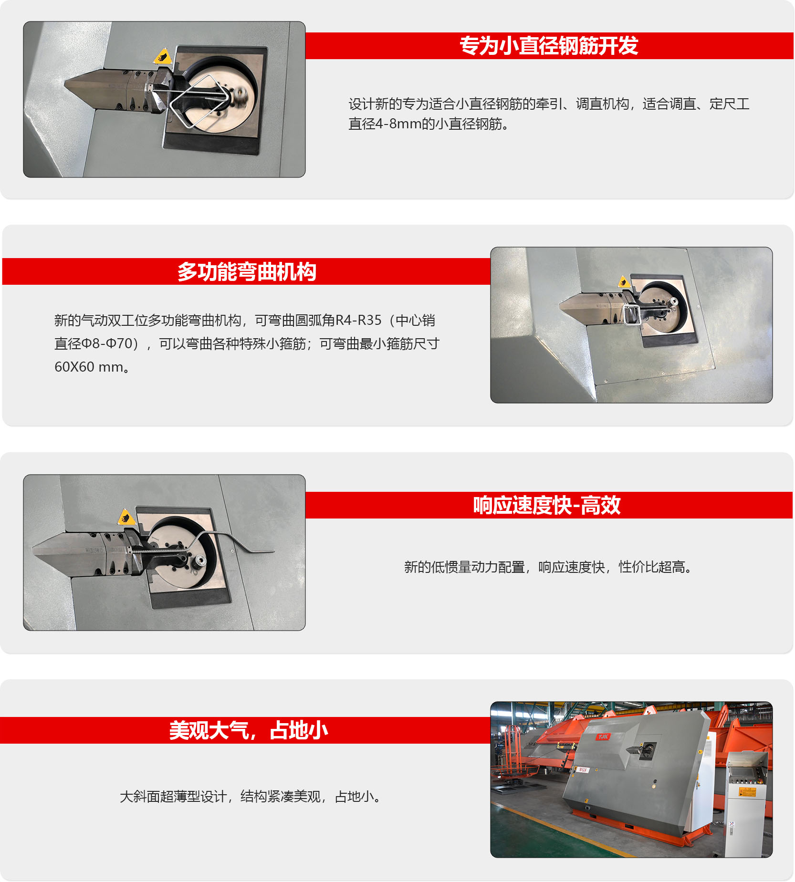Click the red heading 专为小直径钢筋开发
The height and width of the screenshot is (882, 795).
pyautogui.click(x=549, y=46)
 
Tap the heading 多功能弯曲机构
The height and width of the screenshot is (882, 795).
pyautogui.click(x=247, y=272)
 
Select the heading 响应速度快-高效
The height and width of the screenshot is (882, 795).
pyautogui.click(x=547, y=506)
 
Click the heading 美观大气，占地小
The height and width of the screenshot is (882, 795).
pyautogui.click(x=249, y=730)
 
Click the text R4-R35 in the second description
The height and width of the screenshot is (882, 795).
pyautogui.click(x=358, y=320)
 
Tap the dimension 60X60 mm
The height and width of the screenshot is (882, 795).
pyautogui.click(x=89, y=367)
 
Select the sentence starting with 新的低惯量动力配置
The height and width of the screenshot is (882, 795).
pyautogui.click(x=548, y=567)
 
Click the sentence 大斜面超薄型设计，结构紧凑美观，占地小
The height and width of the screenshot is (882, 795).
pyautogui.click(x=251, y=797)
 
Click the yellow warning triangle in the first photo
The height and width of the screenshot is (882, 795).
pyautogui.click(x=162, y=56)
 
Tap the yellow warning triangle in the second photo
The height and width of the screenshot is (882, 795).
pyautogui.click(x=623, y=281)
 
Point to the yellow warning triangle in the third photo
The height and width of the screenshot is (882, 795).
pyautogui.click(x=126, y=517)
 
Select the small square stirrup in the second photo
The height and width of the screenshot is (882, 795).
pyautogui.click(x=631, y=314)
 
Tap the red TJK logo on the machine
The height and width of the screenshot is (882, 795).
pyautogui.click(x=603, y=737)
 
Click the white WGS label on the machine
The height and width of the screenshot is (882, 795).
pyautogui.click(x=582, y=770)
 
